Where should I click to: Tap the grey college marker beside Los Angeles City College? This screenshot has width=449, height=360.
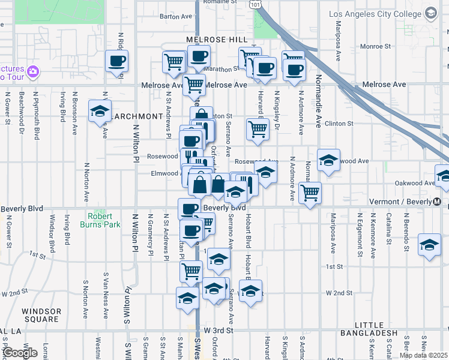click(x=430, y=13)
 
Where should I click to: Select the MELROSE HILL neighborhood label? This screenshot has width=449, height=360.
click(x=217, y=39)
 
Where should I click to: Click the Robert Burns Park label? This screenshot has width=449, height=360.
click(x=100, y=220)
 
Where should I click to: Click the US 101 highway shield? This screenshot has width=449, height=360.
click(x=256, y=4)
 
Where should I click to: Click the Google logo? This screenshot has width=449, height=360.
click(x=20, y=353)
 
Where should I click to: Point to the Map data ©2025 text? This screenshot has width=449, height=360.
click(x=423, y=355)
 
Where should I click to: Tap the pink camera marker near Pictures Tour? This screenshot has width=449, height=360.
click(x=33, y=73)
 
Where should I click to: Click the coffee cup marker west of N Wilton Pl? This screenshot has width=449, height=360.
click(x=116, y=61)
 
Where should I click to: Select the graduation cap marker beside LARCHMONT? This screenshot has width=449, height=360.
click(x=100, y=112)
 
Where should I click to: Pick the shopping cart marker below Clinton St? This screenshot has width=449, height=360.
click(x=258, y=128)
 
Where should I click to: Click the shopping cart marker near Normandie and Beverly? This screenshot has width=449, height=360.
click(x=310, y=193)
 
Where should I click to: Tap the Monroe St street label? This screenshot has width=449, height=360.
click(x=375, y=46)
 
